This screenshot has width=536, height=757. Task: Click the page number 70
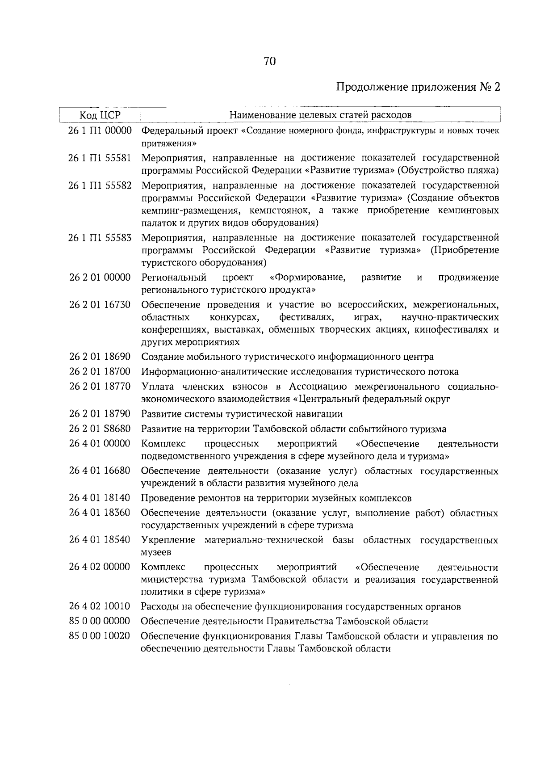[x=270, y=61]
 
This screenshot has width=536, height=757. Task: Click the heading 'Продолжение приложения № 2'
[x=418, y=87]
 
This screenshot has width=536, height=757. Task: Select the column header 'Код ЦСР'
[x=100, y=115]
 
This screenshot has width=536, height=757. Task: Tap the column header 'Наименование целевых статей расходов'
[x=320, y=115]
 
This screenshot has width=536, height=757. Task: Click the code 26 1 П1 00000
[x=100, y=131]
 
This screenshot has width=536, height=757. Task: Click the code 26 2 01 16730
[x=100, y=305]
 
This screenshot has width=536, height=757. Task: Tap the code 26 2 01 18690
[x=100, y=357]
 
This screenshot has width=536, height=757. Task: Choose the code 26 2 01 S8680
[x=100, y=429]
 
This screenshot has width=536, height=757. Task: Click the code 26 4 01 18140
[x=100, y=498]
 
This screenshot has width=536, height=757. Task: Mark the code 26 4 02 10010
[x=100, y=606]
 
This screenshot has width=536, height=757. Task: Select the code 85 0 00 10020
[x=100, y=636]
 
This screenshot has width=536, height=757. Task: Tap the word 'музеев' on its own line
[x=156, y=552]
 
